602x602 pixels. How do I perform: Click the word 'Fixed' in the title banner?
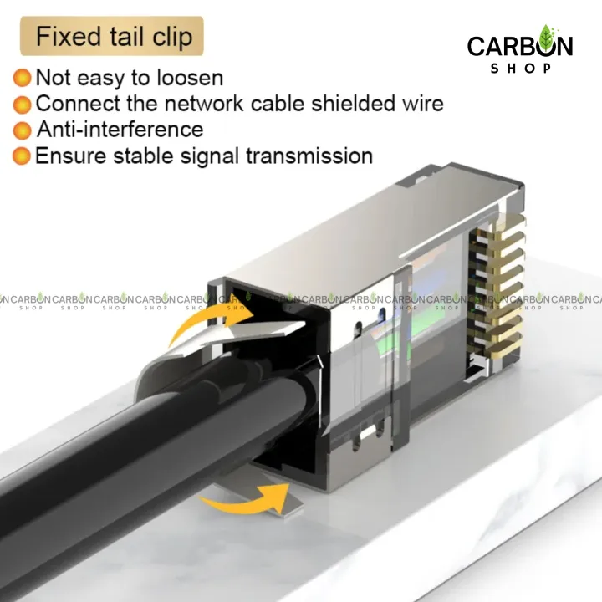click(x=68, y=37)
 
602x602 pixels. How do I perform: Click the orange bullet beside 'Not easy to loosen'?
click(x=23, y=79)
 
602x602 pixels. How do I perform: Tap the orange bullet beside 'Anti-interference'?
click(x=23, y=130)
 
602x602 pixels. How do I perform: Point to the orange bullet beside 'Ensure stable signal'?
click(x=23, y=156)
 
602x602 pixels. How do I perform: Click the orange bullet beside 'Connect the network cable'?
click(x=23, y=105)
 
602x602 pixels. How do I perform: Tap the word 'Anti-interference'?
click(x=120, y=130)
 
